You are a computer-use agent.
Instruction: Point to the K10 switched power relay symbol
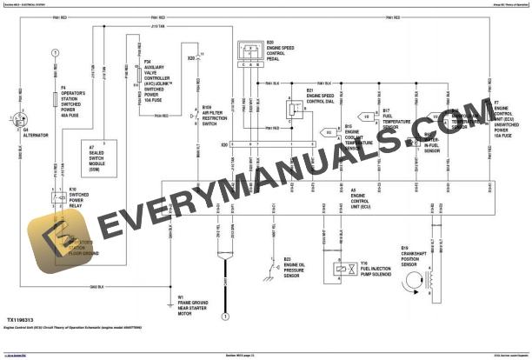[x=56, y=197]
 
